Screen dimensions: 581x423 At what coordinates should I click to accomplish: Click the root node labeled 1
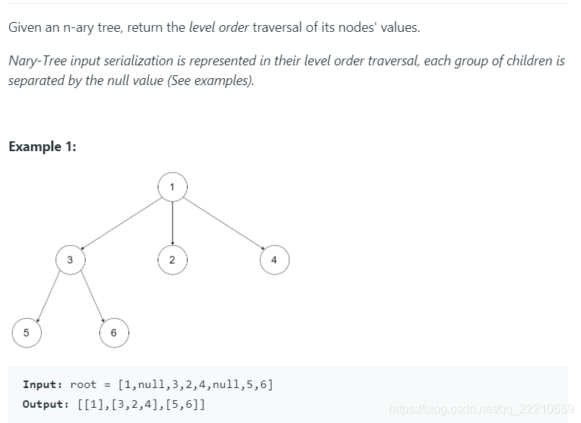tap(172, 187)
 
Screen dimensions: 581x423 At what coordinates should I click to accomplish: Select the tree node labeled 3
tap(70, 260)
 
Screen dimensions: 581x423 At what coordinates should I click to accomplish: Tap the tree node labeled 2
tap(172, 260)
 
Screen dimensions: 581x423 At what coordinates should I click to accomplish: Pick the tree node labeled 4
tap(274, 260)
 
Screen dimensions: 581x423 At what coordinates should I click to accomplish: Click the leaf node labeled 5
tap(26, 332)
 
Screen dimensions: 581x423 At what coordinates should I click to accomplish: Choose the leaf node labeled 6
tap(114, 333)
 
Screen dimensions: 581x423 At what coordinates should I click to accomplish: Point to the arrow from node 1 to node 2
tap(172, 223)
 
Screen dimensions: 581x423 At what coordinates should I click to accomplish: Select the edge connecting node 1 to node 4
tap(223, 223)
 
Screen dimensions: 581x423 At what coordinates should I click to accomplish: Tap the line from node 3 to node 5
tap(49, 295)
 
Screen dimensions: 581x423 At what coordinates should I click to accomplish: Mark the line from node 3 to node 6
tap(92, 296)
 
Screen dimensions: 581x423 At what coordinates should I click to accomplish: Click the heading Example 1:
tap(43, 147)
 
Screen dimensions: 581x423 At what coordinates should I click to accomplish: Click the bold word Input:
tap(43, 384)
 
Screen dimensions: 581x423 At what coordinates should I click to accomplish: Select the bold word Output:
tap(46, 404)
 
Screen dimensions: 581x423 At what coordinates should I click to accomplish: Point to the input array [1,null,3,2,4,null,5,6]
tap(195, 384)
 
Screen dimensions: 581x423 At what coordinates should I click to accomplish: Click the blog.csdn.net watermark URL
tap(481, 410)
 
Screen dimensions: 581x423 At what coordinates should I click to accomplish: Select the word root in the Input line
tap(84, 384)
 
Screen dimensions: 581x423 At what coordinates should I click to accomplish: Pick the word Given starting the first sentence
tap(26, 27)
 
